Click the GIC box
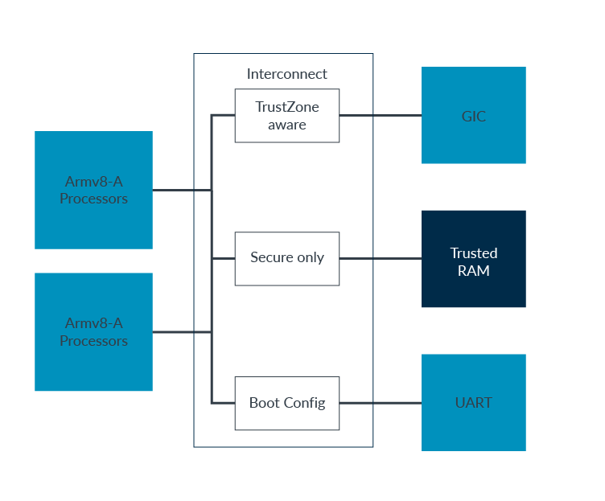[x=473, y=115]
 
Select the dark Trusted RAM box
[x=473, y=259]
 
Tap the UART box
[x=473, y=402]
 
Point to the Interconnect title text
[x=286, y=74]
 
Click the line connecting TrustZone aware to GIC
[x=380, y=116]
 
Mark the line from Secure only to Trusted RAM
[x=380, y=259]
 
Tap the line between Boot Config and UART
[x=380, y=403]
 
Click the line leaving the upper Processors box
[x=181, y=191]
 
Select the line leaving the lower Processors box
[x=181, y=332]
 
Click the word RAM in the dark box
[x=473, y=271]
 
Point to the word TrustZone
[x=286, y=107]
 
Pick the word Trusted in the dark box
[x=473, y=253]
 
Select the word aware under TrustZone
[x=286, y=125]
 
